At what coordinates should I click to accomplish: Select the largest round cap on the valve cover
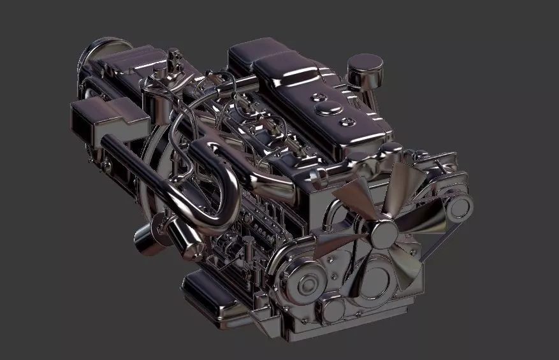[316, 97]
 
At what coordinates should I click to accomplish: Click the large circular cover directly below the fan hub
[376, 280]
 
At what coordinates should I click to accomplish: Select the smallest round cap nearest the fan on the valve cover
[348, 121]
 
